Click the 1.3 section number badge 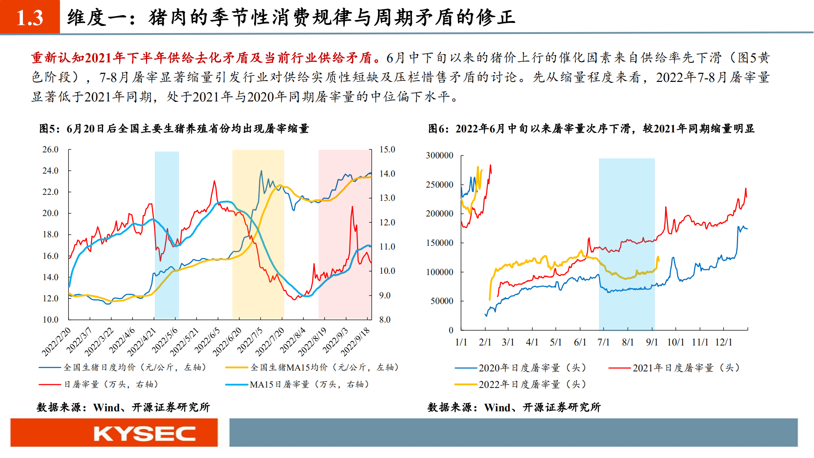coord(30,17)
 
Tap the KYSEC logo coord(144,433)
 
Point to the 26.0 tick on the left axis coord(50,149)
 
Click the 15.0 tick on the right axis coord(387,149)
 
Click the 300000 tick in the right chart coord(439,155)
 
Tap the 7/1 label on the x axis coord(603,342)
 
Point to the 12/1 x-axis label coord(724,342)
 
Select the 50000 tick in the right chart coord(442,301)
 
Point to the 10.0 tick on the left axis coord(50,320)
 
